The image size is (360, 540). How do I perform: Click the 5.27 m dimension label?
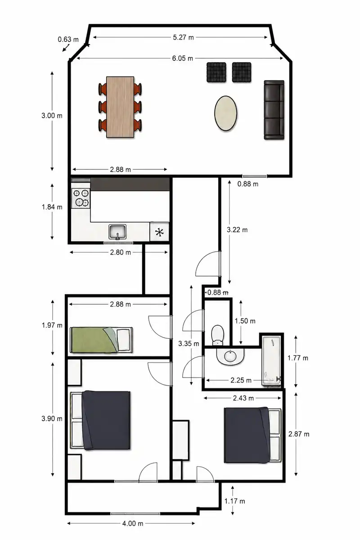point(183,37)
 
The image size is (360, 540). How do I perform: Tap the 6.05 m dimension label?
point(183,58)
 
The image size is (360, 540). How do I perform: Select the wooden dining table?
point(120,107)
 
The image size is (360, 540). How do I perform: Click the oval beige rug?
point(226,113)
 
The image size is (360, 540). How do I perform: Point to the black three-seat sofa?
point(274,110)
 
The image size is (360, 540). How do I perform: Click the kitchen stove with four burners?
point(81,198)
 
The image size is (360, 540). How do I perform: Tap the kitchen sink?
point(117,232)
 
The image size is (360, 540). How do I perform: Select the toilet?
point(217,335)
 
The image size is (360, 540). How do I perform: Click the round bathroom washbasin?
point(230,356)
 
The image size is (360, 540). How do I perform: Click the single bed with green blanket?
point(101,340)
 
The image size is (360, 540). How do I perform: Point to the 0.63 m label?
point(68,39)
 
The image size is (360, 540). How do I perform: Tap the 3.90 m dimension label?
point(52,418)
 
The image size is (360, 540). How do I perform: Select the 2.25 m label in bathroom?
point(241,380)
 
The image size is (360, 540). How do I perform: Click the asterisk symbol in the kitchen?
point(159,232)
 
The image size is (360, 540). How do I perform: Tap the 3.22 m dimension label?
point(237,230)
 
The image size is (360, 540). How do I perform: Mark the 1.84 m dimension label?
point(52,207)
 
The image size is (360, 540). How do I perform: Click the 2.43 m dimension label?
point(243,398)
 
